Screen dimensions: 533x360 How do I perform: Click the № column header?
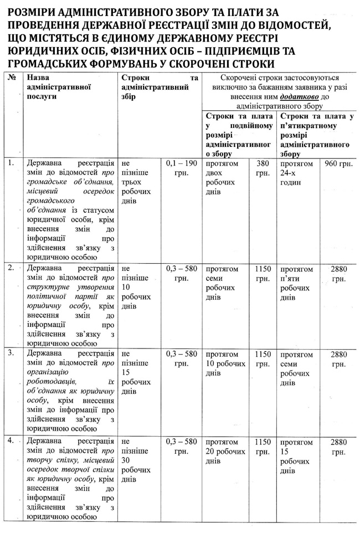(x=11, y=78)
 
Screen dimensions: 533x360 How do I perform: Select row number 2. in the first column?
(x=11, y=269)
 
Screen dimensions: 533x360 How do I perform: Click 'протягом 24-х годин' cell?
(x=297, y=173)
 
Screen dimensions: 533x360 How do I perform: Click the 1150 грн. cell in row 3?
(x=263, y=358)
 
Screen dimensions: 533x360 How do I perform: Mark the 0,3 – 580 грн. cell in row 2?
(x=182, y=274)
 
